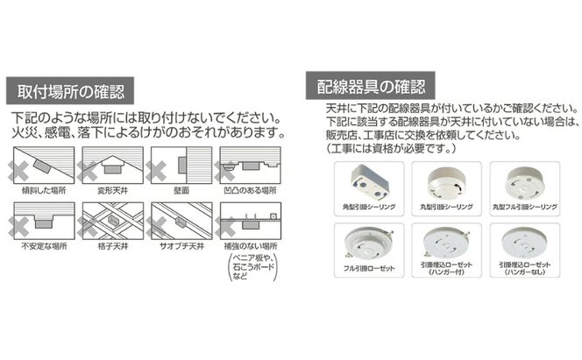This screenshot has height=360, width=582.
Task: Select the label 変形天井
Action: coord(112,188)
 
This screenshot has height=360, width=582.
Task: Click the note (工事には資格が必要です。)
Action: coord(387,148)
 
